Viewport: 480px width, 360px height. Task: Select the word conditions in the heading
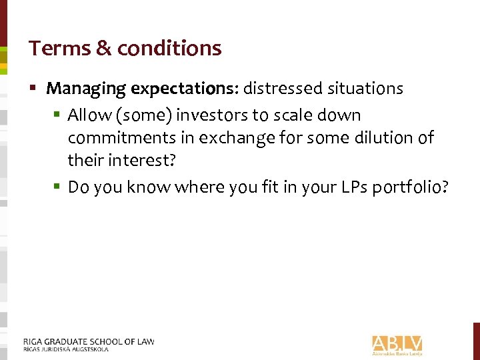tap(169, 49)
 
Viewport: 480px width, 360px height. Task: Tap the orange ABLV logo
tap(397, 343)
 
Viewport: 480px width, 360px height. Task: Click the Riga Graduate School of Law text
tap(88, 341)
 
